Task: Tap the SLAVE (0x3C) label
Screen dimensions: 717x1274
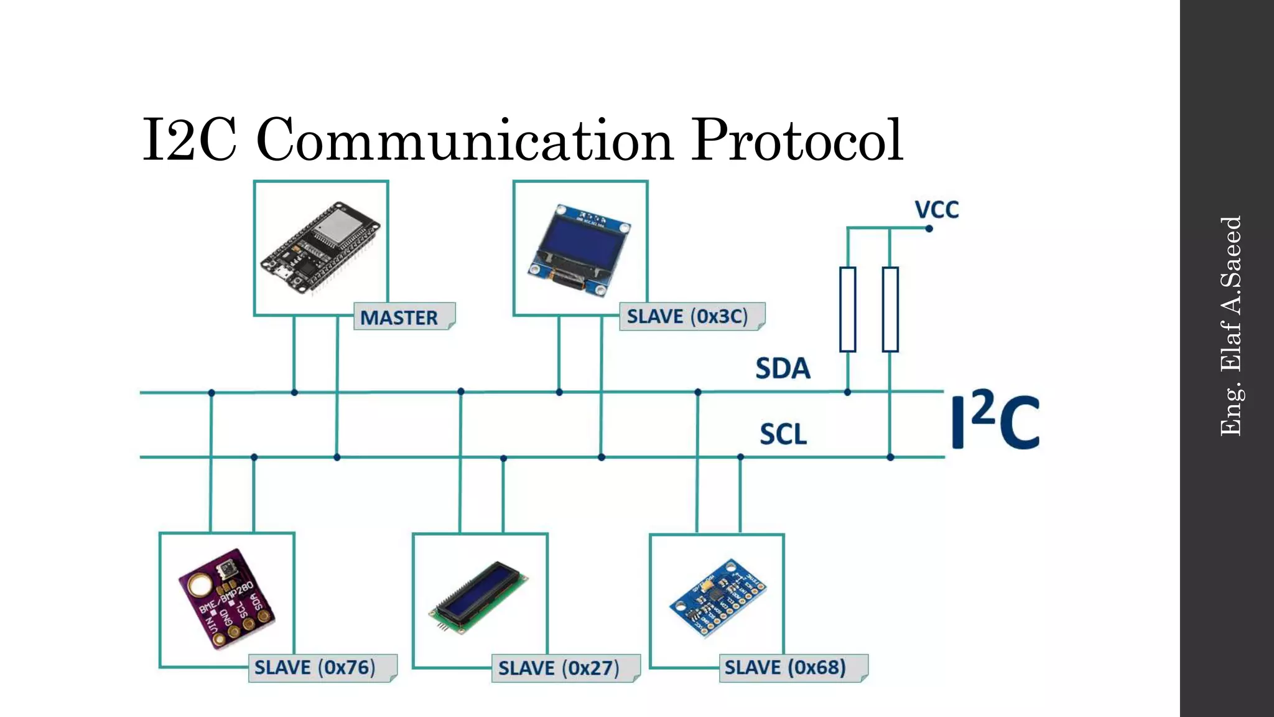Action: (691, 316)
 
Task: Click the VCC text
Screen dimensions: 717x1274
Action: (936, 210)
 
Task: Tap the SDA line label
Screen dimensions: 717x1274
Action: (783, 368)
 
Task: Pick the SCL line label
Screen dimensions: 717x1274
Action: (783, 434)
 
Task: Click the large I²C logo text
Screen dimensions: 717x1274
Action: (995, 421)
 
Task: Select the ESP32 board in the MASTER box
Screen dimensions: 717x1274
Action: (320, 247)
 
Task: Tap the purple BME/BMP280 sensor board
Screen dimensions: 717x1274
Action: (227, 599)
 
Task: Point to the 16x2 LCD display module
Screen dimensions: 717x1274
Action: (478, 598)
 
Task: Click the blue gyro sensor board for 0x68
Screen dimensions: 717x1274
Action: (717, 597)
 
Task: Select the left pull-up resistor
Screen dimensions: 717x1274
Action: (847, 309)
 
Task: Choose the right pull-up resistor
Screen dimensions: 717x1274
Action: (890, 309)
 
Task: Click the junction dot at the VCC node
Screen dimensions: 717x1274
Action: (929, 228)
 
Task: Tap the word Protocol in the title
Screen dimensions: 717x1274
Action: (797, 141)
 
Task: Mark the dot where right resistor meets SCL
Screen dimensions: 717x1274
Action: (890, 457)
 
